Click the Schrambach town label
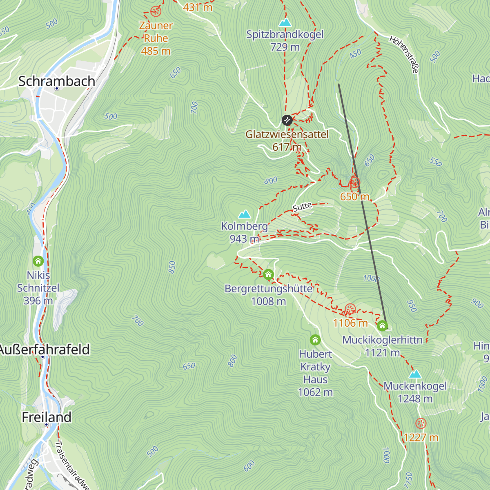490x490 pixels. (57, 81)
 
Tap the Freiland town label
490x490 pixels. (47, 417)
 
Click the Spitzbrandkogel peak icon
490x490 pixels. (285, 22)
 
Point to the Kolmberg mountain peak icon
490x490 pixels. (245, 214)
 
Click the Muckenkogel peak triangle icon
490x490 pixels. (415, 374)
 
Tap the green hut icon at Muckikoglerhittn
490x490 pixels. (382, 326)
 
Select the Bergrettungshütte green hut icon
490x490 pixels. (268, 274)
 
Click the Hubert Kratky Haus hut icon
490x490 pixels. (315, 340)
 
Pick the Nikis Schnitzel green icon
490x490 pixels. (38, 261)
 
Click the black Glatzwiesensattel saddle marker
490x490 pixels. (287, 120)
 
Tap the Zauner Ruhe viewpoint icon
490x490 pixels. (155, 11)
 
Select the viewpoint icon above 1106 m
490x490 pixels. (350, 309)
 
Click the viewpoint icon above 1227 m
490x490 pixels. (421, 423)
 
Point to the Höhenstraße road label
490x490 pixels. (404, 55)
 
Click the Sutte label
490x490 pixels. (302, 207)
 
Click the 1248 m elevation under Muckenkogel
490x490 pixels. (415, 399)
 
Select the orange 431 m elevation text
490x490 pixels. (198, 7)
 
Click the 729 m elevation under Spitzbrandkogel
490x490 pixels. (285, 47)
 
